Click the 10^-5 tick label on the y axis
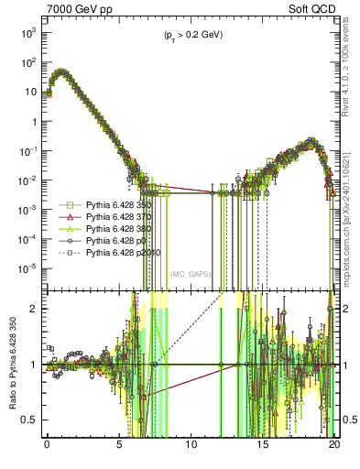tap(25, 267)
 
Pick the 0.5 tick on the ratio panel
tap(30, 420)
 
